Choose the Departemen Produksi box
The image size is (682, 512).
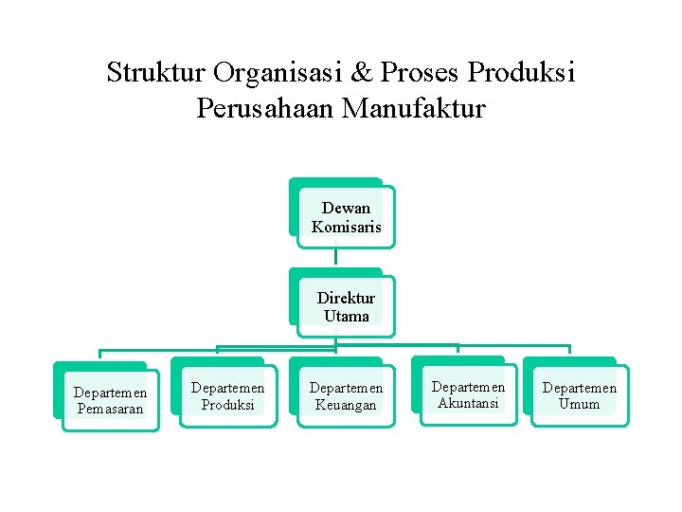pyautogui.click(x=228, y=395)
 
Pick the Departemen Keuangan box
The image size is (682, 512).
pyautogui.click(x=346, y=395)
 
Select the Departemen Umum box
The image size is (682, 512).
pyautogui.click(x=579, y=394)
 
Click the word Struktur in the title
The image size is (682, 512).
pyautogui.click(x=156, y=73)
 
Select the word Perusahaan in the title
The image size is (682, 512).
pyautogui.click(x=266, y=109)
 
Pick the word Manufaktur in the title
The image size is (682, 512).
pyautogui.click(x=413, y=109)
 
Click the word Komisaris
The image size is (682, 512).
pyautogui.click(x=346, y=227)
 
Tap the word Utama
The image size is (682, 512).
pyautogui.click(x=346, y=316)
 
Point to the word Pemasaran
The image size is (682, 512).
pyautogui.click(x=111, y=409)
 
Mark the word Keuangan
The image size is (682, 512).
pyautogui.click(x=346, y=405)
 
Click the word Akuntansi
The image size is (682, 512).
pyautogui.click(x=468, y=403)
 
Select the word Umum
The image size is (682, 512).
pyautogui.click(x=579, y=404)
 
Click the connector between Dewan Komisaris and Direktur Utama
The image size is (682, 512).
pyautogui.click(x=336, y=257)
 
